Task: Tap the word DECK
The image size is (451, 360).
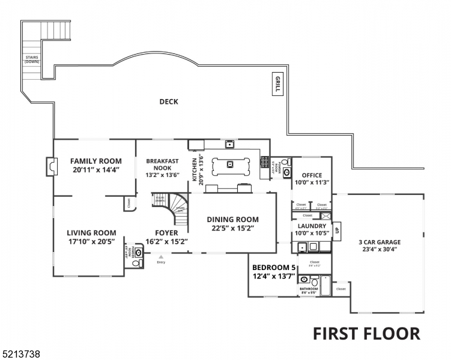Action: tap(169, 102)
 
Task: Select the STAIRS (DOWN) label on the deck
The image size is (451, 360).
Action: tap(32, 59)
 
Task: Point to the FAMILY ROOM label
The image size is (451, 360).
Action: tap(95, 161)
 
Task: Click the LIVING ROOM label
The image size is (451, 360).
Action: tap(91, 233)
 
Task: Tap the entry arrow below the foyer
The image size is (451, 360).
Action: tap(160, 256)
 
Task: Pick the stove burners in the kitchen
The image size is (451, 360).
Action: tap(264, 161)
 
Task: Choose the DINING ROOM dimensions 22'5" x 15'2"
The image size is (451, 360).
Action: tap(232, 228)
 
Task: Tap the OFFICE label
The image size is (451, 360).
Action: tap(312, 175)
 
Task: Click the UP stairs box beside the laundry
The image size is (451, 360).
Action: tap(337, 230)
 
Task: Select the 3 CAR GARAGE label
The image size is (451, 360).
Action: tap(380, 242)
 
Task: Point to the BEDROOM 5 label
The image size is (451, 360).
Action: tap(274, 267)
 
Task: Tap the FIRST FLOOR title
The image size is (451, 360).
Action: tap(366, 333)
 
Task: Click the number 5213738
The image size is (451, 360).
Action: tap(21, 355)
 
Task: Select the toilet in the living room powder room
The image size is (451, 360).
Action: tap(136, 263)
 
